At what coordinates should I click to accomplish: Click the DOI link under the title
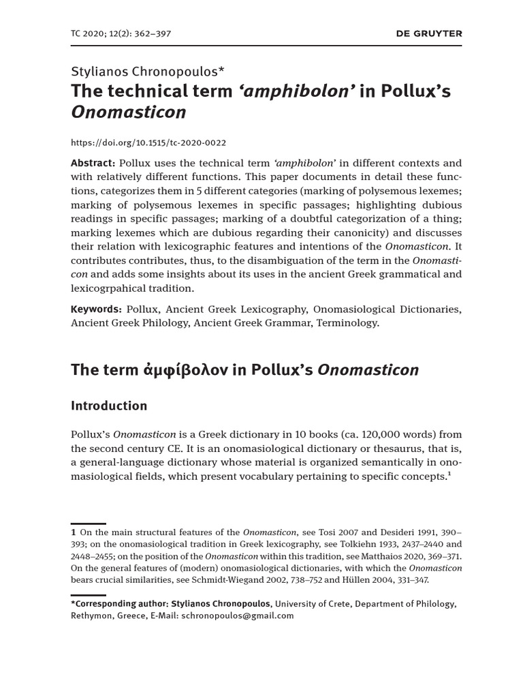pos(148,142)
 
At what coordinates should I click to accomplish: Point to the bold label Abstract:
pos(93,163)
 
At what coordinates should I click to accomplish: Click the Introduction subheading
pos(109,406)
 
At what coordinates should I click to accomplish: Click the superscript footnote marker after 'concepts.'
pos(448,474)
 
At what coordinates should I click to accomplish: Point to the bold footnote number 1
pos(74,532)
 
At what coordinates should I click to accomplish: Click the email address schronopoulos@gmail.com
pos(238,615)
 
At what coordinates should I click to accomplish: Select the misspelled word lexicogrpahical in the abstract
pos(110,288)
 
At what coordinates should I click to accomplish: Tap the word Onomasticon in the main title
pos(128,112)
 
